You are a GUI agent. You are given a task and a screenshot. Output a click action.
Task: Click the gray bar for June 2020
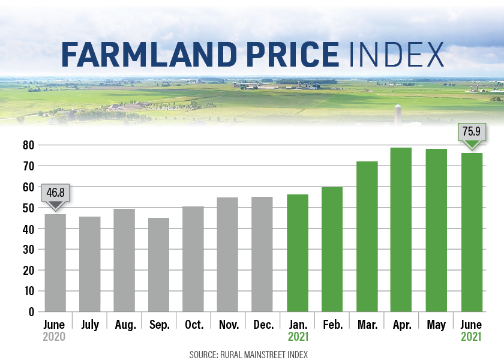point(55,263)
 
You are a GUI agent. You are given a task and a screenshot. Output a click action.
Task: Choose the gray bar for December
point(263,254)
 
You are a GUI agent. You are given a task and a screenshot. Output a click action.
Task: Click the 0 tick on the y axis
point(31,312)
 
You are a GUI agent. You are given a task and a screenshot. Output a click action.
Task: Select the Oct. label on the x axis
point(193,325)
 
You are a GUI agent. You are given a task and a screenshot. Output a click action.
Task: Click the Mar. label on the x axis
point(366,325)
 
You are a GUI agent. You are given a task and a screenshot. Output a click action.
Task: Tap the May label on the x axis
point(436,325)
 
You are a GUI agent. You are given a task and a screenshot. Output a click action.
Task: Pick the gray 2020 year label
point(54,337)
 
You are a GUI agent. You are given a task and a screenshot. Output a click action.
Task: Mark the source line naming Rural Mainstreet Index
point(248,355)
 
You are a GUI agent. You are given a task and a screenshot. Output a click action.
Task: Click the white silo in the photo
point(397,115)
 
